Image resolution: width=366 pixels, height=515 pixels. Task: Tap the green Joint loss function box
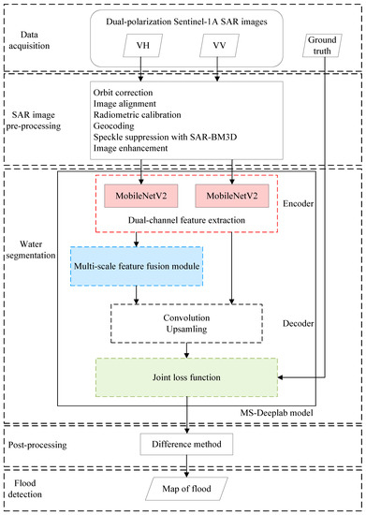187,379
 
